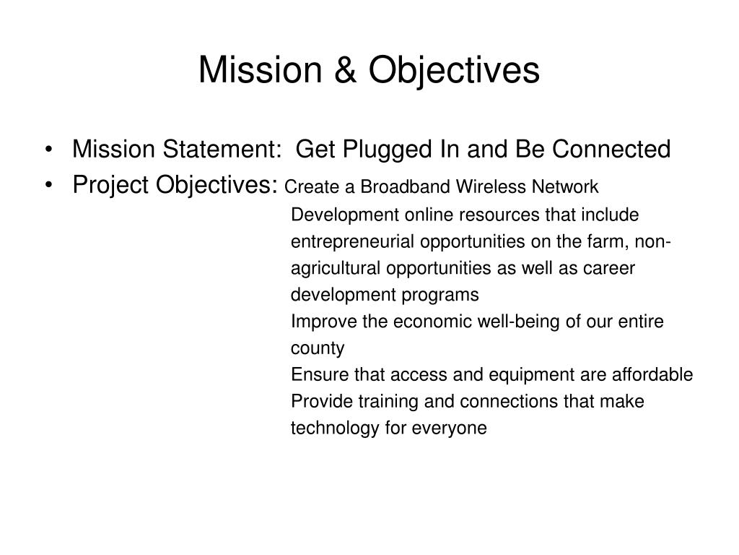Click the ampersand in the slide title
(x=345, y=70)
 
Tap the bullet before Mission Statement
(x=48, y=150)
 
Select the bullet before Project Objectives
(x=48, y=186)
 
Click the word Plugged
(x=387, y=150)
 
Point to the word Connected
(x=611, y=149)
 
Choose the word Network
(x=565, y=187)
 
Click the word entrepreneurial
(x=353, y=242)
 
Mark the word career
(x=609, y=269)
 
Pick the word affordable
(x=652, y=375)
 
